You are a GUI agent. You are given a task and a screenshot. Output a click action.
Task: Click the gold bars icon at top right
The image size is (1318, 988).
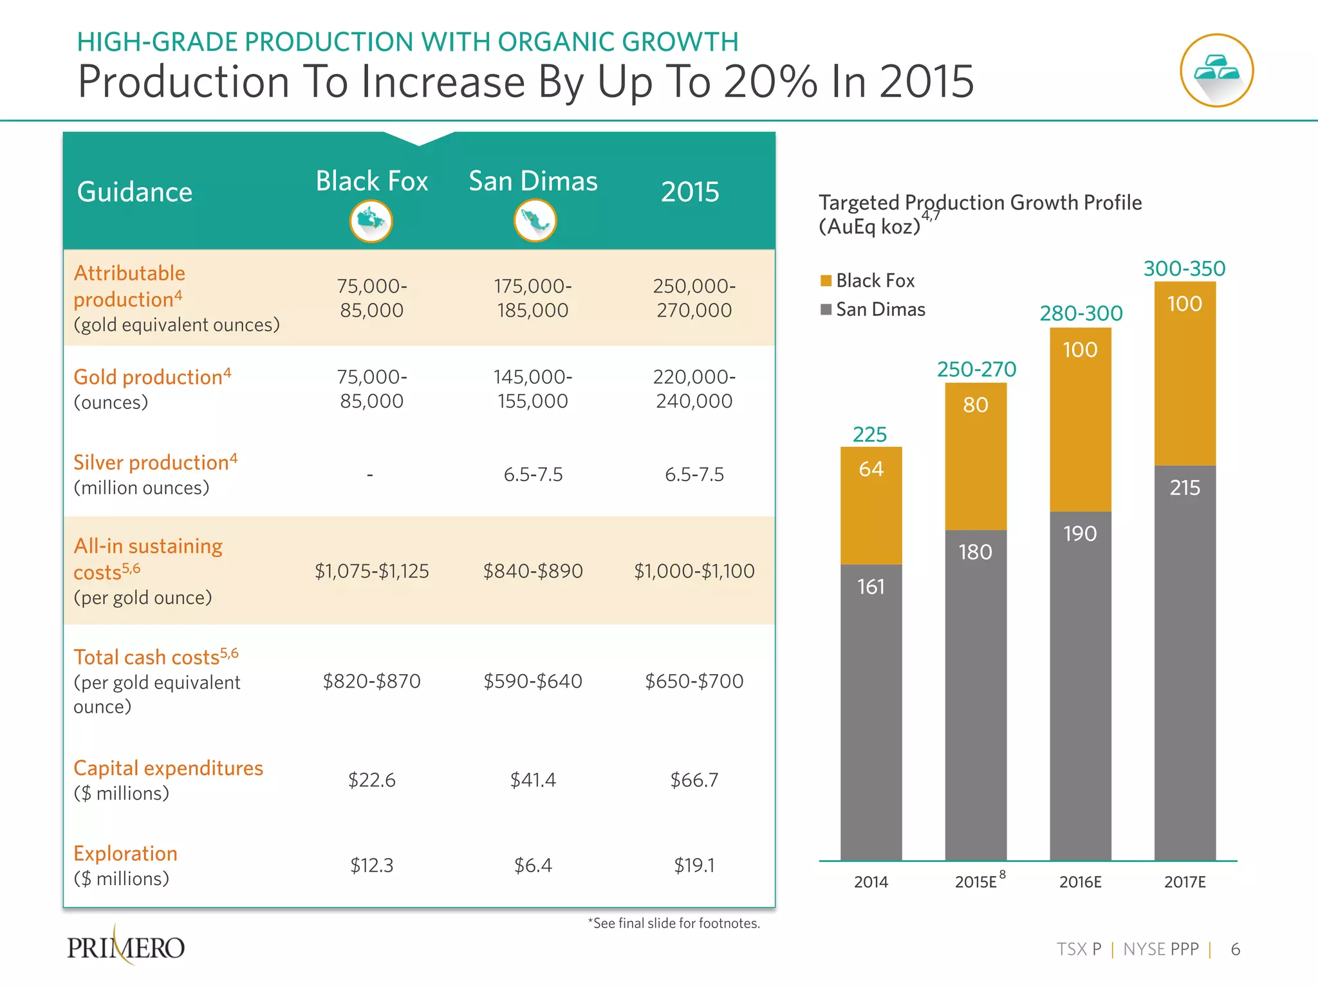click(x=1216, y=70)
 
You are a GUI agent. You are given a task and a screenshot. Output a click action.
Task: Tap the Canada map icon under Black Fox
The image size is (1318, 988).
click(x=371, y=221)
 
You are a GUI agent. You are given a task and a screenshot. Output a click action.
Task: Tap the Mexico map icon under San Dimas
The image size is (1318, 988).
click(x=534, y=221)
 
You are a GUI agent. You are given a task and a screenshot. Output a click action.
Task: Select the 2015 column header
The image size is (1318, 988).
click(x=689, y=192)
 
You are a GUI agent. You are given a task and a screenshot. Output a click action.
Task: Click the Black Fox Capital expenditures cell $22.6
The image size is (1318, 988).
click(x=371, y=780)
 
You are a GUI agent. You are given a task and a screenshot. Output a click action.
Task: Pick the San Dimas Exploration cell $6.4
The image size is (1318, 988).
click(x=533, y=865)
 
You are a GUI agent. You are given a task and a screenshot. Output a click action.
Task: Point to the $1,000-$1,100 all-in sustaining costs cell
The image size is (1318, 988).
click(x=694, y=571)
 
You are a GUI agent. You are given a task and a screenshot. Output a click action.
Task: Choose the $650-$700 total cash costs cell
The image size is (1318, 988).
click(x=694, y=681)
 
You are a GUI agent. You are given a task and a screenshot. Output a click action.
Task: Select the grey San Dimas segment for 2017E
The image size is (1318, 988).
click(x=1184, y=663)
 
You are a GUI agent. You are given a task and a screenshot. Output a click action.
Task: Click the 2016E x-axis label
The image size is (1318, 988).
click(x=1080, y=882)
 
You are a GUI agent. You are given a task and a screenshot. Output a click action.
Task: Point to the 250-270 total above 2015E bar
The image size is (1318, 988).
click(x=976, y=369)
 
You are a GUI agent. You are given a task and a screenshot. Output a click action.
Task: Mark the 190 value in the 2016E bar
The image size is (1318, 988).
click(x=1079, y=533)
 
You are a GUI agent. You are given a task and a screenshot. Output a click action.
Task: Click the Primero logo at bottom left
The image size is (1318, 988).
click(x=126, y=947)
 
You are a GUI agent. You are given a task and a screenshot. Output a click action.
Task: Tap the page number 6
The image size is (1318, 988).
click(x=1235, y=949)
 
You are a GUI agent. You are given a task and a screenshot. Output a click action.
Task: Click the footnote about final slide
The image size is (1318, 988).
click(x=673, y=924)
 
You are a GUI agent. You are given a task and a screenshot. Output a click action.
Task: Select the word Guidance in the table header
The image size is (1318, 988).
click(x=135, y=192)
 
